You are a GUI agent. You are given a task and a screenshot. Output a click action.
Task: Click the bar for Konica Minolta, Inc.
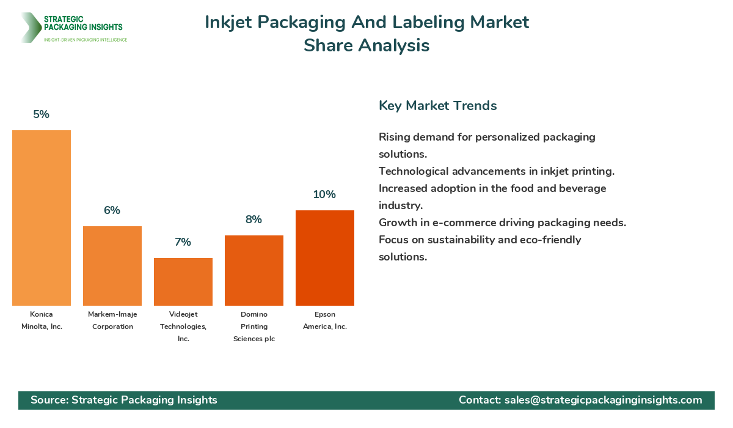pyautogui.click(x=42, y=218)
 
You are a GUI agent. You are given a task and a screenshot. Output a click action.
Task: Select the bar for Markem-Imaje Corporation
pyautogui.click(x=112, y=266)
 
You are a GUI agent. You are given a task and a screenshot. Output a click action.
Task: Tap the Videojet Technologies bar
pyautogui.click(x=183, y=282)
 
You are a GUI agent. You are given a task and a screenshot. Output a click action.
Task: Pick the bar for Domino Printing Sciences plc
pyautogui.click(x=254, y=270)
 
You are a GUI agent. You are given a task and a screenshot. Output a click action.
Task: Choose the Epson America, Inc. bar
pyautogui.click(x=325, y=258)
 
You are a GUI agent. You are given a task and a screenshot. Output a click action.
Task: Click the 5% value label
pyautogui.click(x=42, y=114)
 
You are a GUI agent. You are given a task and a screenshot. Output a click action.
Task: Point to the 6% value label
pyautogui.click(x=112, y=210)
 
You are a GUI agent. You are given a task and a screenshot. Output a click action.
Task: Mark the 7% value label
pyautogui.click(x=183, y=242)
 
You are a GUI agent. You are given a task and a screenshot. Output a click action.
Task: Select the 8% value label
pyautogui.click(x=254, y=220)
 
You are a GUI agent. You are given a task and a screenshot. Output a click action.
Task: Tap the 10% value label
pyautogui.click(x=324, y=194)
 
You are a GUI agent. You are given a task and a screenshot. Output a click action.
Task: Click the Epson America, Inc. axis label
pyautogui.click(x=325, y=320)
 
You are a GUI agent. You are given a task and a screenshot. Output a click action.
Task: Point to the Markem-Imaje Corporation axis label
pyautogui.click(x=112, y=320)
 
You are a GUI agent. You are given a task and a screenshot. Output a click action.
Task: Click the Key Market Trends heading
pyautogui.click(x=438, y=106)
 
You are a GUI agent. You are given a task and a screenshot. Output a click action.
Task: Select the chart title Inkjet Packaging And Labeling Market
pyautogui.click(x=366, y=22)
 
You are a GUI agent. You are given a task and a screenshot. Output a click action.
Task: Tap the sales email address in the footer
pyautogui.click(x=603, y=400)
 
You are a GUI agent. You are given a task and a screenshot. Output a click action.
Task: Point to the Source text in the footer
pyautogui.click(x=124, y=400)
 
